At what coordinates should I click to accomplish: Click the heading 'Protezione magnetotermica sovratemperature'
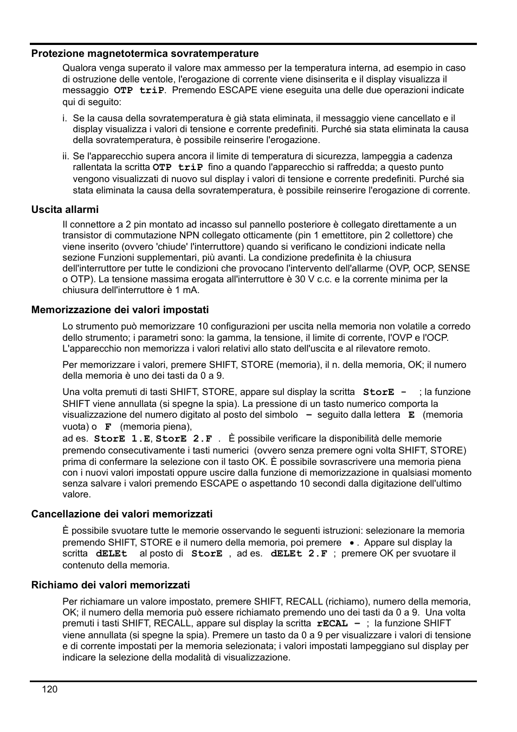click(145, 54)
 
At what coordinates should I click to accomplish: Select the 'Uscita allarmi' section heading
click(65, 210)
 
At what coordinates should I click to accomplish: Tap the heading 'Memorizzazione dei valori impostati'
click(120, 310)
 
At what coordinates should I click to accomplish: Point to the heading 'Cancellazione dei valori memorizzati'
click(122, 514)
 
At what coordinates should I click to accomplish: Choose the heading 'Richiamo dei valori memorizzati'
click(111, 585)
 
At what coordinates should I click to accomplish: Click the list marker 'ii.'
click(66, 156)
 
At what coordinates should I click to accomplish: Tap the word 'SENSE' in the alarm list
click(454, 268)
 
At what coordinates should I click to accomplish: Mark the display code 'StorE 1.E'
click(122, 439)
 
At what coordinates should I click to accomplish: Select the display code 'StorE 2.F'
click(184, 439)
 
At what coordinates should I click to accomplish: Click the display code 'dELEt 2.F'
click(299, 554)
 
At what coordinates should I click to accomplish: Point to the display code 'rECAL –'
click(338, 624)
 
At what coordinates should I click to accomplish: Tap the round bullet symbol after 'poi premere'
click(352, 543)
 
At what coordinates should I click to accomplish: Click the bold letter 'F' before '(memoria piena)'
click(108, 427)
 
